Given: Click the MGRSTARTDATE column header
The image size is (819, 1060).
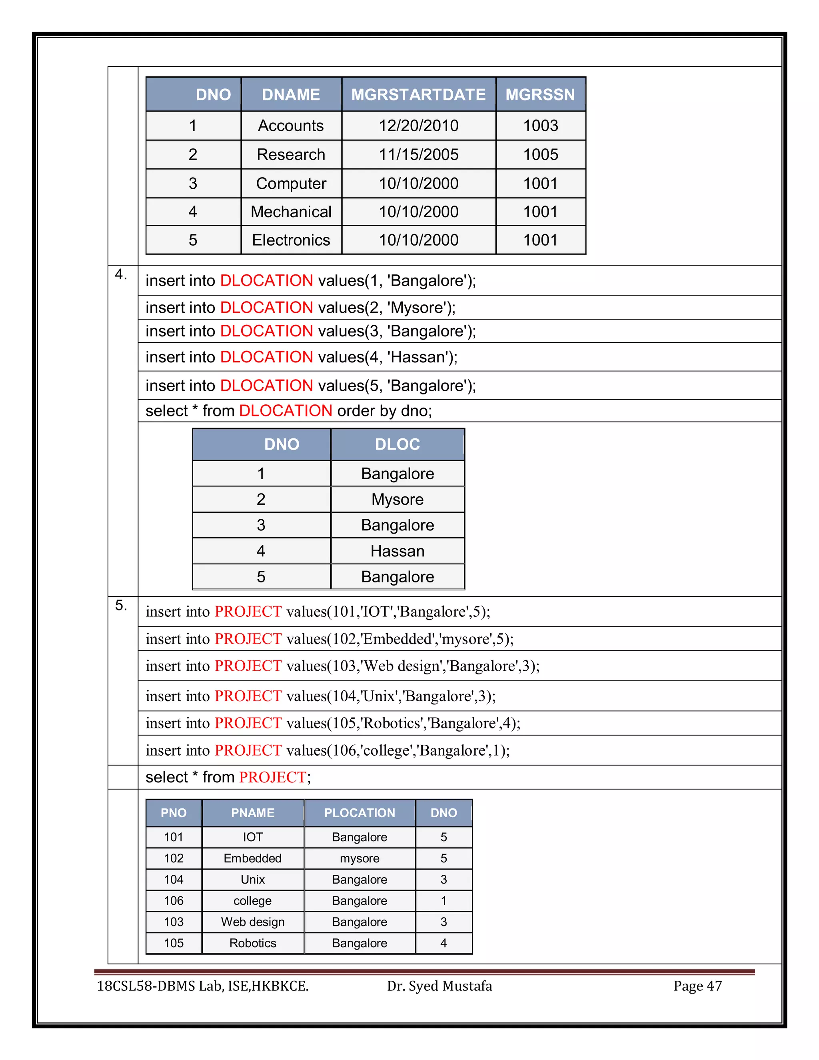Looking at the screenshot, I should [x=418, y=94].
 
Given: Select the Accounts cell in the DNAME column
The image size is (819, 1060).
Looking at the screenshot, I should [x=291, y=126].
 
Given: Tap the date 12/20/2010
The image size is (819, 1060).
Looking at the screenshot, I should [x=418, y=126].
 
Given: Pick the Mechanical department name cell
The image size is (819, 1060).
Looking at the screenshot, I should [x=291, y=212].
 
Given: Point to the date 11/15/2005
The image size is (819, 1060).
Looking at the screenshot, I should [x=418, y=154].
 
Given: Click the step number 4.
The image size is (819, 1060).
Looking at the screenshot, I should [x=120, y=275].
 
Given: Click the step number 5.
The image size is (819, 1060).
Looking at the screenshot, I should [x=120, y=605].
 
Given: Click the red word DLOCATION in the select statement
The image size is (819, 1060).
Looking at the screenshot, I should [x=285, y=411].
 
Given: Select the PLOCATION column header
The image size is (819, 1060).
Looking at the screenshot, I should [x=359, y=813].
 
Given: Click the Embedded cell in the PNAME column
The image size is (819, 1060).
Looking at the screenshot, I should [x=252, y=858].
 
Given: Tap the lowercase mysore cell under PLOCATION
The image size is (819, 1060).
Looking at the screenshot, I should [x=359, y=858].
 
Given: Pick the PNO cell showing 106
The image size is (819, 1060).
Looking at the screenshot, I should [x=174, y=901].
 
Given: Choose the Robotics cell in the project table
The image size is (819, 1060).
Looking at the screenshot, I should [x=252, y=943].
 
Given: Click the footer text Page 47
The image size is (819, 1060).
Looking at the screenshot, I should [x=697, y=986].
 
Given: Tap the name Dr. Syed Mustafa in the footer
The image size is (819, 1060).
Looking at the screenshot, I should [x=439, y=986].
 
